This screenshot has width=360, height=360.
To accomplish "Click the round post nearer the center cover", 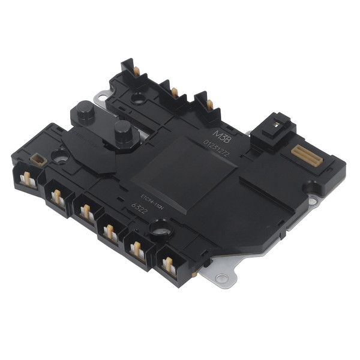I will tap(124, 129).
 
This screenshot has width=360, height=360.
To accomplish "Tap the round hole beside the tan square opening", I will tap(60, 158).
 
